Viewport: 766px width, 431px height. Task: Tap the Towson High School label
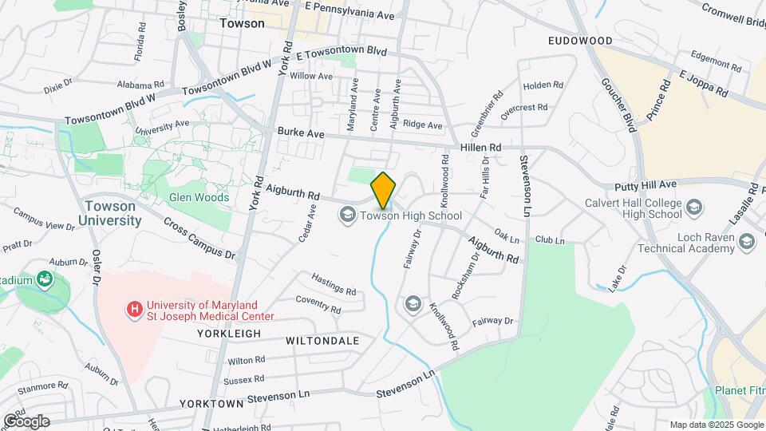(x=411, y=215)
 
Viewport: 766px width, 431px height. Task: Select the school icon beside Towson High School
(x=347, y=215)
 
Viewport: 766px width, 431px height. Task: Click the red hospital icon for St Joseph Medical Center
(x=135, y=307)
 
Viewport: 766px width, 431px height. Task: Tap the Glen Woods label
(x=199, y=197)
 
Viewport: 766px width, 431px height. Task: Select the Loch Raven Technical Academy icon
(x=746, y=241)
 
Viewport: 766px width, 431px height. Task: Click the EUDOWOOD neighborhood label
(x=580, y=41)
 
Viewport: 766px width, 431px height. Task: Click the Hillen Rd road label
(x=480, y=148)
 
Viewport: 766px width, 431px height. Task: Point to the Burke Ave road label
(x=301, y=134)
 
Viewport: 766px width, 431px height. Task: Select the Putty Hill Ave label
(x=646, y=185)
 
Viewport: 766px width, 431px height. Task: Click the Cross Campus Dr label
(x=199, y=239)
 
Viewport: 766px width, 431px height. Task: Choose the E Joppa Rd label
(x=704, y=83)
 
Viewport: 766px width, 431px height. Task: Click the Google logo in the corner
(x=26, y=421)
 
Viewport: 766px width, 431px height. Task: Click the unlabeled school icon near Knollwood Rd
(x=413, y=303)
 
